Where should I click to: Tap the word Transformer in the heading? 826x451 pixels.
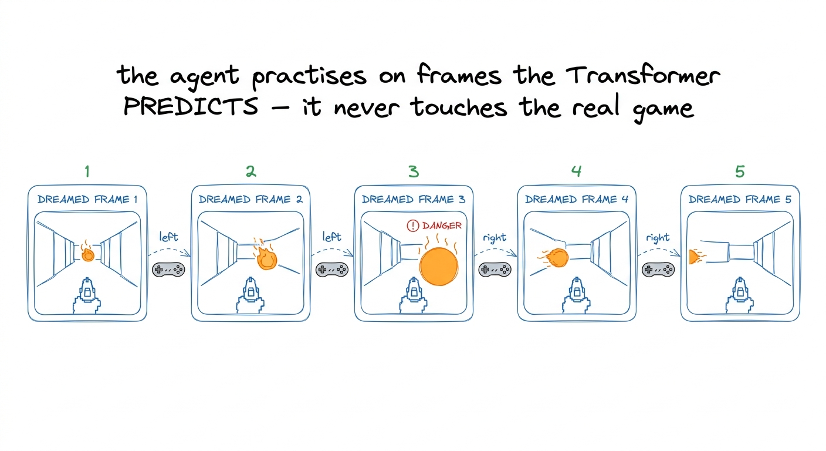tap(642, 76)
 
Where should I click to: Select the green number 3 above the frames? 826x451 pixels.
tap(414, 171)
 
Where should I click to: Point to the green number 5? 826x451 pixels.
tap(740, 171)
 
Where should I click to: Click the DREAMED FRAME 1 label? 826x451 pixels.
tap(87, 200)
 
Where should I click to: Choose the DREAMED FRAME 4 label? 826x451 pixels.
tap(576, 200)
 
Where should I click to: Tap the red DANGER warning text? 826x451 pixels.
tap(442, 225)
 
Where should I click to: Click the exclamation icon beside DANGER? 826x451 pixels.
tap(412, 225)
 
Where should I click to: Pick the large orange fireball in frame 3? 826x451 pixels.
tap(438, 266)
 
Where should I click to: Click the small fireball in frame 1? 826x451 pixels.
tap(88, 254)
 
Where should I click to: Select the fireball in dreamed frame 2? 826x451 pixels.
tap(266, 257)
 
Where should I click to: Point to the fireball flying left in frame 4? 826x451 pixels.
tap(554, 258)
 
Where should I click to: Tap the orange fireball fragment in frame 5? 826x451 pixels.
tap(696, 257)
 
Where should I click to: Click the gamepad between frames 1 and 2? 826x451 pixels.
tap(168, 270)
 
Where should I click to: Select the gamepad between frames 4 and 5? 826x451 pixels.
tap(658, 270)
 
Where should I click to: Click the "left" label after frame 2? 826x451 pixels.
tap(331, 237)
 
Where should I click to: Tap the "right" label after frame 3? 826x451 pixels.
tap(495, 238)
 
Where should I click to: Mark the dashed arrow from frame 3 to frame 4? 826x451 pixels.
tap(495, 250)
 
